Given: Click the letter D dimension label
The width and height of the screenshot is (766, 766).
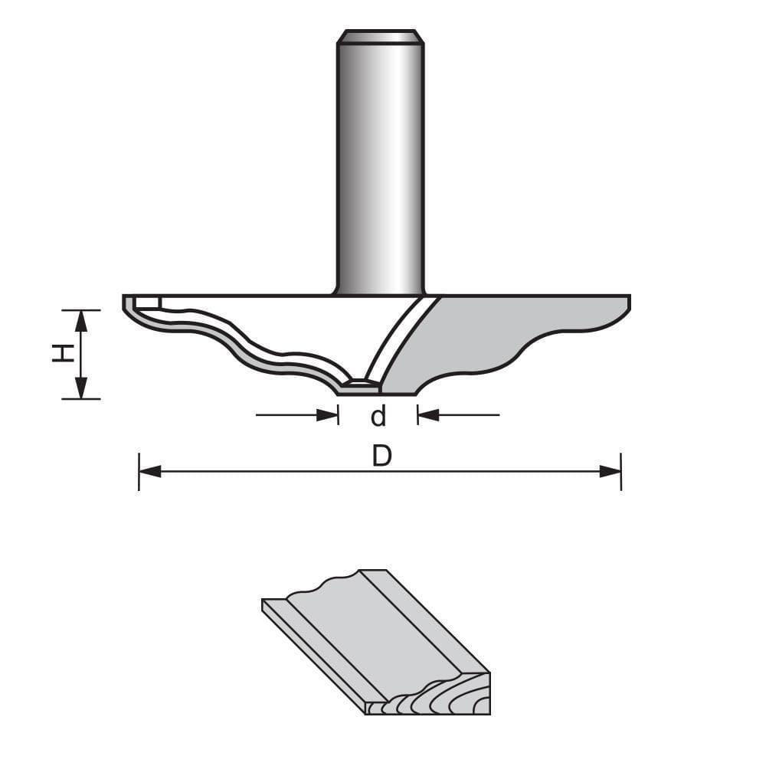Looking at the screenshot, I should click(381, 457).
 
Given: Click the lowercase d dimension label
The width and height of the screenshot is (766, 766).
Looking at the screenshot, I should click(378, 417).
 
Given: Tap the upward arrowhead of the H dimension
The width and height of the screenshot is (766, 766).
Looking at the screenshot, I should click(80, 320).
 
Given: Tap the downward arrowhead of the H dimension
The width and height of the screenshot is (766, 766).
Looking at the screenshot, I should click(80, 388).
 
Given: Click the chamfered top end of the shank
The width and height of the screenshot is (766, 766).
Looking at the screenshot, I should click(380, 37).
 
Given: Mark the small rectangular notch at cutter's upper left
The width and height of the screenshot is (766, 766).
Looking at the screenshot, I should click(147, 303).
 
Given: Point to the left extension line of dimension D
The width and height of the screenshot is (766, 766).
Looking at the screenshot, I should click(139, 471).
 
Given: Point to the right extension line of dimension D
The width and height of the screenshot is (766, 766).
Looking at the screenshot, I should click(620, 471).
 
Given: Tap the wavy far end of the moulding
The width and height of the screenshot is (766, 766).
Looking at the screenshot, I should click(322, 586).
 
